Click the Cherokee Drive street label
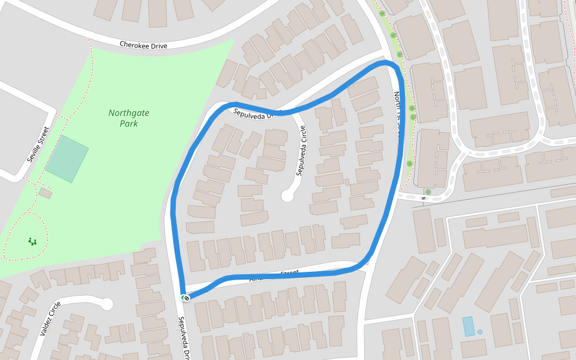tap(143, 45)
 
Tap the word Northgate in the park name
tap(129, 113)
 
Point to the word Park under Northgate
tap(128, 124)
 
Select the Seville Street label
tap(37, 145)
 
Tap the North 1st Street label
tap(397, 114)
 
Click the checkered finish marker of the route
tap(187, 298)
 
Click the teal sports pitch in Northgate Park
tap(67, 159)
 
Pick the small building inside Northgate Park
tap(45, 193)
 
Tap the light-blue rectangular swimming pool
tap(468, 326)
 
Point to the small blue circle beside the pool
tap(480, 332)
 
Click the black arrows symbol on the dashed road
tap(424, 198)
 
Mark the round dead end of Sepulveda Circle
tap(287, 196)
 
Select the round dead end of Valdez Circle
tap(107, 304)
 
